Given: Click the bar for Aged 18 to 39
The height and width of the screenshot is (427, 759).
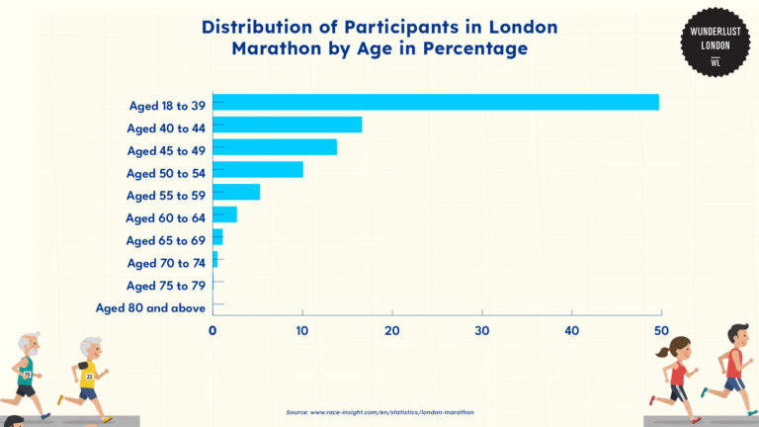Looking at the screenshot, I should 435,102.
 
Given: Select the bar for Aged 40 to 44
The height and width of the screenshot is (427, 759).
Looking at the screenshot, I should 287,125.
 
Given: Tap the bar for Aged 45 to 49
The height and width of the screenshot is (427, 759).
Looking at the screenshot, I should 274,147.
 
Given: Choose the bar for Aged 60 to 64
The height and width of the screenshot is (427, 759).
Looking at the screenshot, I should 224,214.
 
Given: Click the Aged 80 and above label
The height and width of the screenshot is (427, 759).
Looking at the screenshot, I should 150,307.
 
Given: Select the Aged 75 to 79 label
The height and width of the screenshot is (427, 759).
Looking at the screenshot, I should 166,286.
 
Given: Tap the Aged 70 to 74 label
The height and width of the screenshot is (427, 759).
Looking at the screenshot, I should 166,263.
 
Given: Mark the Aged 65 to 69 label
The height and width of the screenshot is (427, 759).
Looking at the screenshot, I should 166,240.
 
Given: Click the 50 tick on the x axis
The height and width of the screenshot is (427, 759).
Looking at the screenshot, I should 661,330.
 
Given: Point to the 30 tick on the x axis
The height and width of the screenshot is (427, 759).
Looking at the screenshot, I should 482,330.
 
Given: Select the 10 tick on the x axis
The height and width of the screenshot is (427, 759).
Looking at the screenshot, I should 302,330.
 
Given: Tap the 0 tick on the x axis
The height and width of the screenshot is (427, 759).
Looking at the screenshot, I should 212,330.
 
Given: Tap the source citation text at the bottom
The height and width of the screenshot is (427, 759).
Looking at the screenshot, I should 379,411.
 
